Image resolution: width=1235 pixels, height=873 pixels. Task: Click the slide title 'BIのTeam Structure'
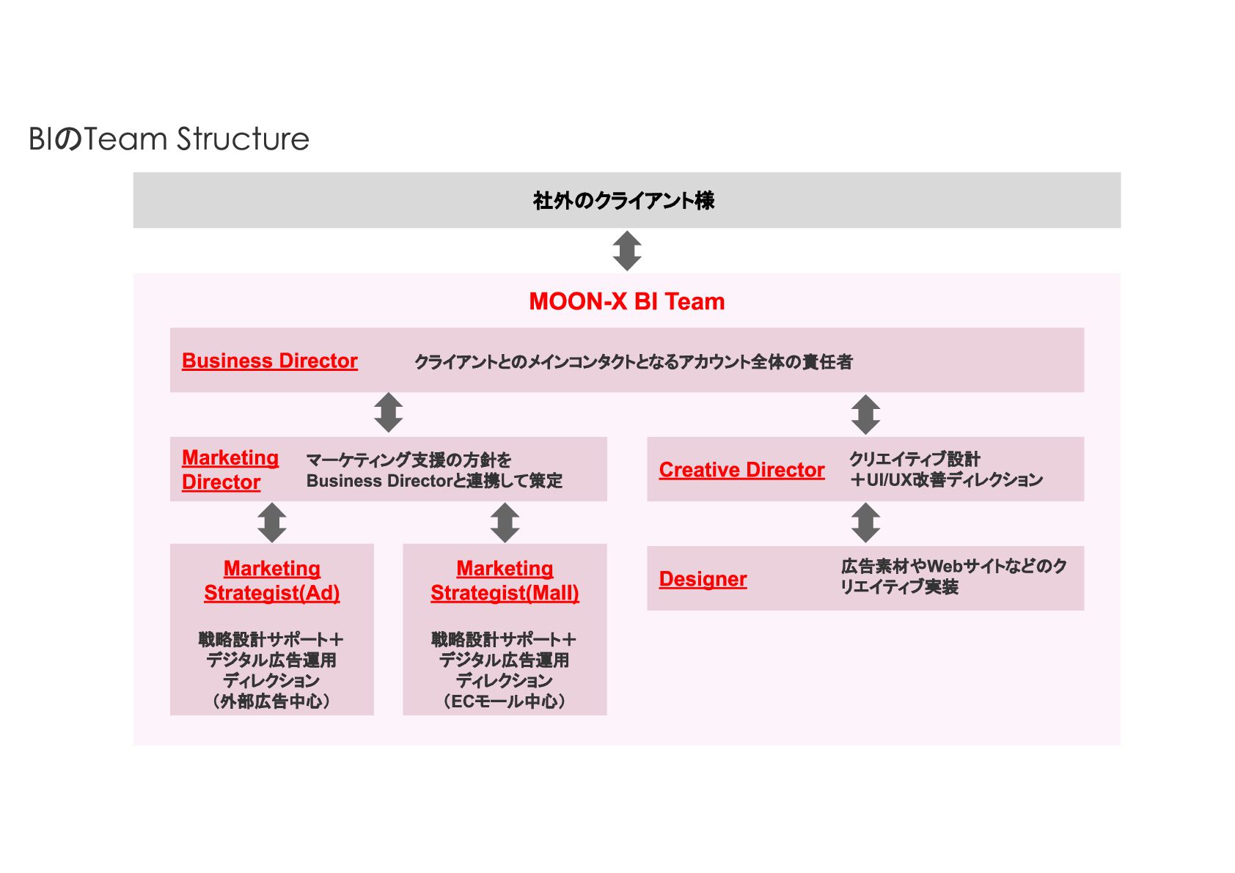tap(169, 139)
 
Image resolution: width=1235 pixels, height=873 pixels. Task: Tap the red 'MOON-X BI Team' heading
tap(626, 301)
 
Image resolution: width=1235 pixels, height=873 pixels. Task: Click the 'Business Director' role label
tap(269, 361)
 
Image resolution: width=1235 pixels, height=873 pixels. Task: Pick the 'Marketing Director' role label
tap(230, 470)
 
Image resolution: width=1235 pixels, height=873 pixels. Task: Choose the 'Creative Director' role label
tap(741, 470)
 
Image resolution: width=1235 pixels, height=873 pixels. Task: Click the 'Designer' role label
tap(703, 579)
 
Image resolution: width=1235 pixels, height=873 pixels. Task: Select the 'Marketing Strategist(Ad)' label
tap(272, 581)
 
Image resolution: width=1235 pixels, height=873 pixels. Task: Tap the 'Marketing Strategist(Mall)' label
tap(505, 581)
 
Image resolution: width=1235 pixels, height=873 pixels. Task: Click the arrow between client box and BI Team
tap(627, 251)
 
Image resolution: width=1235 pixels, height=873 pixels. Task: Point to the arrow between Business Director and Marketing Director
tap(388, 413)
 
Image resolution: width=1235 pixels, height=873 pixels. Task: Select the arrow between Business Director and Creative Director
tap(865, 414)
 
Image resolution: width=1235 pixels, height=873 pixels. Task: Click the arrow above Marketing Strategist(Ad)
tap(272, 523)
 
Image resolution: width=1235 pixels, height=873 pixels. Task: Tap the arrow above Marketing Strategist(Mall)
tap(505, 523)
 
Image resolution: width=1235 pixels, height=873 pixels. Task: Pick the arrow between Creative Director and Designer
tap(865, 523)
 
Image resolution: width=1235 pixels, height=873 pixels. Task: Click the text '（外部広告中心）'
tap(271, 701)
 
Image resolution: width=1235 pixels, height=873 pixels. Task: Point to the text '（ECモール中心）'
tap(505, 701)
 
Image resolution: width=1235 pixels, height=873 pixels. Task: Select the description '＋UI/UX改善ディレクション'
tap(946, 480)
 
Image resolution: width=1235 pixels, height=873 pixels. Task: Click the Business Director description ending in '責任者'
tap(633, 361)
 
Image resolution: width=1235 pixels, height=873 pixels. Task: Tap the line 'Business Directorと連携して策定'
tap(434, 481)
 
